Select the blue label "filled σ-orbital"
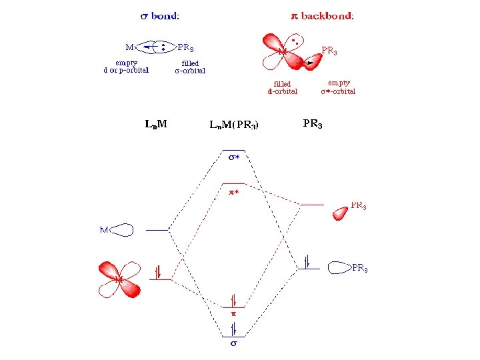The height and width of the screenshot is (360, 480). coord(190,67)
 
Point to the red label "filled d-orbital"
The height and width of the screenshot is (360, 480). coord(283,87)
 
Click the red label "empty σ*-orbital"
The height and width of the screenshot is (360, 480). coord(338,87)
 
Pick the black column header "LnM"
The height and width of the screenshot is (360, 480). coord(155,123)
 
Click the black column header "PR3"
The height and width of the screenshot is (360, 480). coord(313,123)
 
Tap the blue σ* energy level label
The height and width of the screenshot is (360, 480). coord(233,158)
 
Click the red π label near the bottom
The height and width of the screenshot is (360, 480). coord(233,311)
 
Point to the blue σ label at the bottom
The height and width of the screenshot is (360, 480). coord(233,345)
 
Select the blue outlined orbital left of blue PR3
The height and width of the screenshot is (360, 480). coord(340,267)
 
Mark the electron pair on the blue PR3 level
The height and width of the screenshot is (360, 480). coord(308,261)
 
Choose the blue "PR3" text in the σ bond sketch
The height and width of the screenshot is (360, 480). coord(186,47)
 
